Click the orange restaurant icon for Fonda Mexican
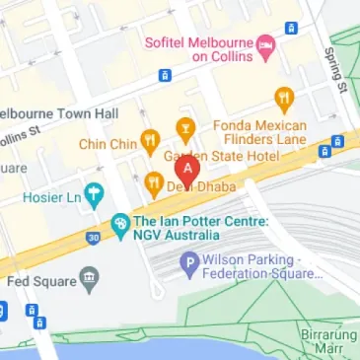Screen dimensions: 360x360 click(285, 98)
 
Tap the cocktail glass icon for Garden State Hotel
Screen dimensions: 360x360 click(184, 125)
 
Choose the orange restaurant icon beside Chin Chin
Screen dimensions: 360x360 click(149, 140)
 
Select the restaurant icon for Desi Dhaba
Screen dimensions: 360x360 click(153, 183)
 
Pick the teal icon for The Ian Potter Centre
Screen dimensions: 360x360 click(119, 224)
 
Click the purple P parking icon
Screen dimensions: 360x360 click(188, 262)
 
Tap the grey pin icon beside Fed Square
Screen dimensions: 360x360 click(90, 277)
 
